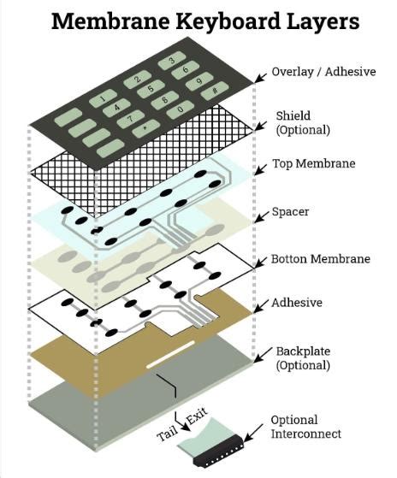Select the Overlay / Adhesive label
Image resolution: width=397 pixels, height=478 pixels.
[323, 72]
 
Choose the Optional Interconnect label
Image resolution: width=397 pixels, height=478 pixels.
[305, 427]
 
